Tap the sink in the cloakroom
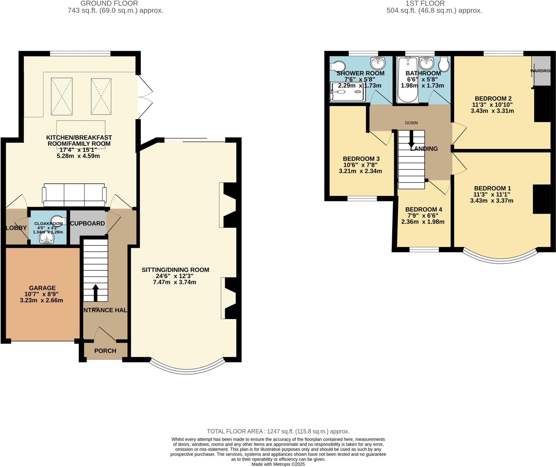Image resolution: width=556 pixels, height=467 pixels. [x=47, y=238]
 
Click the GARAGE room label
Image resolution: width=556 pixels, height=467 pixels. [x=42, y=288]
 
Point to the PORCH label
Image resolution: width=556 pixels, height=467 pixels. [x=105, y=351]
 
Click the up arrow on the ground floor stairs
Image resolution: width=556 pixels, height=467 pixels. [x=95, y=293]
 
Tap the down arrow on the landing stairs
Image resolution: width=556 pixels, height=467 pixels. [x=411, y=139]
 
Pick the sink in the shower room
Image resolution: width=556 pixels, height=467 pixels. [x=378, y=63]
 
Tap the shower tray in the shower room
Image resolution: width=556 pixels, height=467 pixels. [x=347, y=92]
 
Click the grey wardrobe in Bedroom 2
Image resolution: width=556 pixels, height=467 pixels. [x=542, y=71]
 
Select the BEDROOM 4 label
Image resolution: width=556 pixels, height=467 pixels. [x=424, y=209]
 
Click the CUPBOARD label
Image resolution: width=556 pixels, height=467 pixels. [x=87, y=223]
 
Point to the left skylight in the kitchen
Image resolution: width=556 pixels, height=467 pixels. [x=62, y=96]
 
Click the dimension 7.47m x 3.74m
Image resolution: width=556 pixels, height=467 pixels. [x=174, y=282]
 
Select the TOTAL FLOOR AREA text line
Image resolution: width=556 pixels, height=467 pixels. [x=278, y=431]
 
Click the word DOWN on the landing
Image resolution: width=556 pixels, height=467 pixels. [x=411, y=123]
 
